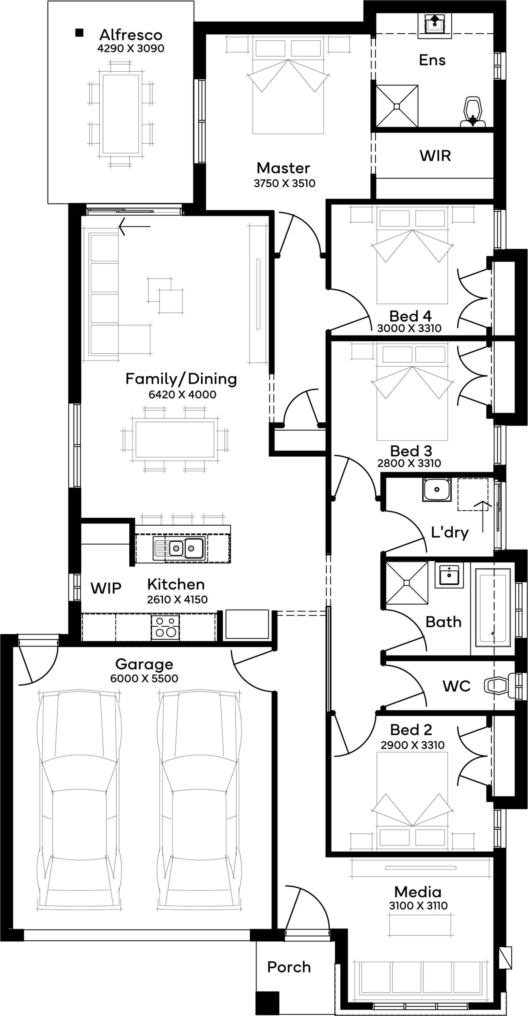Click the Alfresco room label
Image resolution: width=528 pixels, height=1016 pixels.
coord(130,35)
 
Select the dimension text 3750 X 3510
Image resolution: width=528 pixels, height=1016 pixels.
coord(284,183)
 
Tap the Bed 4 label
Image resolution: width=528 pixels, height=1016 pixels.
coord(410,316)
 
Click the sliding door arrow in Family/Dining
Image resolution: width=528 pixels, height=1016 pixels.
coord(134,226)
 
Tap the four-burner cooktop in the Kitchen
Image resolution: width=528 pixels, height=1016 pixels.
coord(166,627)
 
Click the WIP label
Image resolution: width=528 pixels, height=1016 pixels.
coord(106,588)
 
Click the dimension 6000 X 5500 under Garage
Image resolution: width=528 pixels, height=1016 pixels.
coord(144,678)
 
